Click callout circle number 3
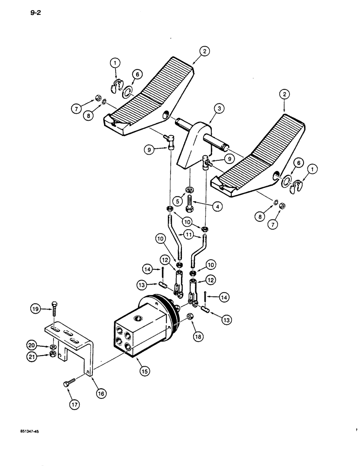pos(206,109)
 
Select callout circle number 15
pos(144,371)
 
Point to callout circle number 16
pos(101,393)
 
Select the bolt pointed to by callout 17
pos(66,384)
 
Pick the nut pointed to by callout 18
pos(190,317)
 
